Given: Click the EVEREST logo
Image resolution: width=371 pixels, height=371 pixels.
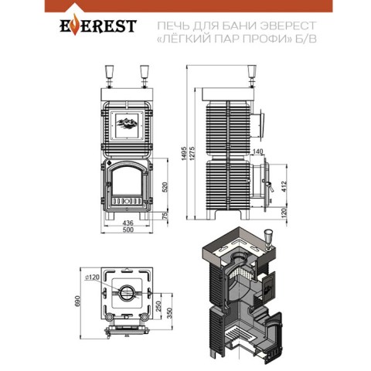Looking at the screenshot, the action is pos(98,25).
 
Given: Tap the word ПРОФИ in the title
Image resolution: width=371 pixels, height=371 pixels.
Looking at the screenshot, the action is pos(265,39).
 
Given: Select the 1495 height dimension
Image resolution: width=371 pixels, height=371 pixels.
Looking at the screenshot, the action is pos(184,154).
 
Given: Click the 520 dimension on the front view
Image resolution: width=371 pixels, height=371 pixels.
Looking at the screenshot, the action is pos(165,187).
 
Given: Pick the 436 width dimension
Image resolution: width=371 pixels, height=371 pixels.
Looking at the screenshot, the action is pos(128,223).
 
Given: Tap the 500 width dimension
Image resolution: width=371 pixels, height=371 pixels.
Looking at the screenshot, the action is pos(128,230).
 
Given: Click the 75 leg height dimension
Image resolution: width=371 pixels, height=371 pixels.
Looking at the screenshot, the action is pos(165,216).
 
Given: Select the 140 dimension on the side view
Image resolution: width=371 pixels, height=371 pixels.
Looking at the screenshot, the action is pos(257,151).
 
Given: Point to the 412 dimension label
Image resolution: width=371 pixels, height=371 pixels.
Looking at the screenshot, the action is pos(284,186).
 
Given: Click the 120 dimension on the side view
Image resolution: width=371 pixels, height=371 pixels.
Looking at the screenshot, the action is pos(284,213).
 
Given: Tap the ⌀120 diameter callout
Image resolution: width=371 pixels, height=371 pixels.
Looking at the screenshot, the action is pos(92,277).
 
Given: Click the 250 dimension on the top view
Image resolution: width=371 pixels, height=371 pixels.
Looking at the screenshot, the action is pos(158,306).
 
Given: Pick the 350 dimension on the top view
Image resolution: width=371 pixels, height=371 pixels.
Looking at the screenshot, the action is pos(169,313).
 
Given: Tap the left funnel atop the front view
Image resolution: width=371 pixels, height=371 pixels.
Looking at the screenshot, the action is pos(109,72).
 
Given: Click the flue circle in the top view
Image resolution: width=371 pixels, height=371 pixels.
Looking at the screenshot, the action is pos(126,293).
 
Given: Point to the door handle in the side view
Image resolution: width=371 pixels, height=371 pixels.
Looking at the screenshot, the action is pos(270,186).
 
